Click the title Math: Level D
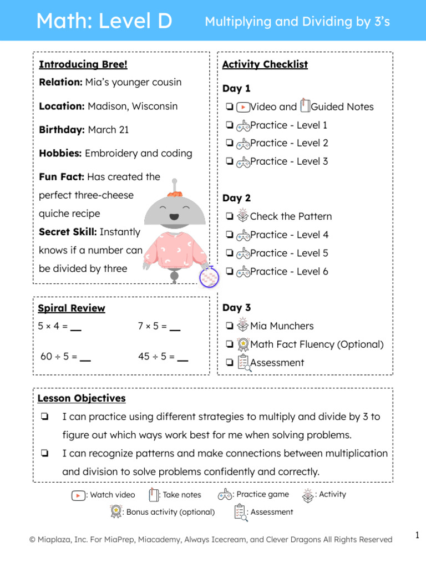pos(104,22)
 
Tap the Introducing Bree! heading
pos(83,64)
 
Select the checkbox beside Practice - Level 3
pos(229,161)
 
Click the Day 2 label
pos(236,198)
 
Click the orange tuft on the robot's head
pos(175,194)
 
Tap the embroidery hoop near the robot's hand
pos(209,277)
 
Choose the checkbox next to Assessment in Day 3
pos(229,363)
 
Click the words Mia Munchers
pos(282,326)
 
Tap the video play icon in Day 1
pos(242,107)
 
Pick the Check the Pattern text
pos(291,216)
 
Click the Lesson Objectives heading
pos(82,398)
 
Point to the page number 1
pos(417,535)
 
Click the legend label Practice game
pos(262,494)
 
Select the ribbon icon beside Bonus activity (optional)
pos(115,511)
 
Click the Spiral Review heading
pos(71,308)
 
